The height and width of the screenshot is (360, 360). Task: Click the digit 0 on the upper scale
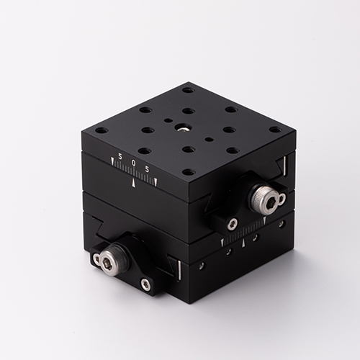134,163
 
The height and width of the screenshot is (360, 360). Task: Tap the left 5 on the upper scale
120,156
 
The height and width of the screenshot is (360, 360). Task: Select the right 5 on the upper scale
147,169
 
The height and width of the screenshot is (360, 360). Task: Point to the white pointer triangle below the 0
134,183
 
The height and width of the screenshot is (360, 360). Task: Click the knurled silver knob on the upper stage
264,197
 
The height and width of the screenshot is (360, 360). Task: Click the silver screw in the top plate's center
181,128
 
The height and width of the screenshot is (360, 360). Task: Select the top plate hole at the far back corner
188,91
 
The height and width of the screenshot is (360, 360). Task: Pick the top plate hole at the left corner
102,131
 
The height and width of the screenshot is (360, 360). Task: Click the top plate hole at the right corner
275,130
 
